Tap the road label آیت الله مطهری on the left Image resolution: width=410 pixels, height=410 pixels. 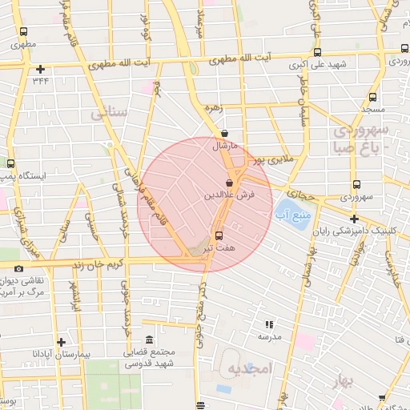(x=120, y=63)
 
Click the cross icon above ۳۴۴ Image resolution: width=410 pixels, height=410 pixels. (x=40, y=69)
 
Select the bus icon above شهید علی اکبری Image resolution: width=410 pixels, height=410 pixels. (x=318, y=54)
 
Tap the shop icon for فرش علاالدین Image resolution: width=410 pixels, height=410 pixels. (x=230, y=183)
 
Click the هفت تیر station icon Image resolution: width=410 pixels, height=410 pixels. (x=219, y=235)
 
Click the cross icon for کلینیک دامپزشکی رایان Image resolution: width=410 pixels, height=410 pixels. (x=354, y=219)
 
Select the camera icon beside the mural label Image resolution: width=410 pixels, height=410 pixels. (x=18, y=270)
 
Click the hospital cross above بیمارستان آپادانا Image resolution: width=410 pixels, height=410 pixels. (x=62, y=340)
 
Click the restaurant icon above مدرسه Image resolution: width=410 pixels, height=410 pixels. (x=269, y=324)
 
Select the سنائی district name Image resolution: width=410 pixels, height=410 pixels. (x=110, y=114)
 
